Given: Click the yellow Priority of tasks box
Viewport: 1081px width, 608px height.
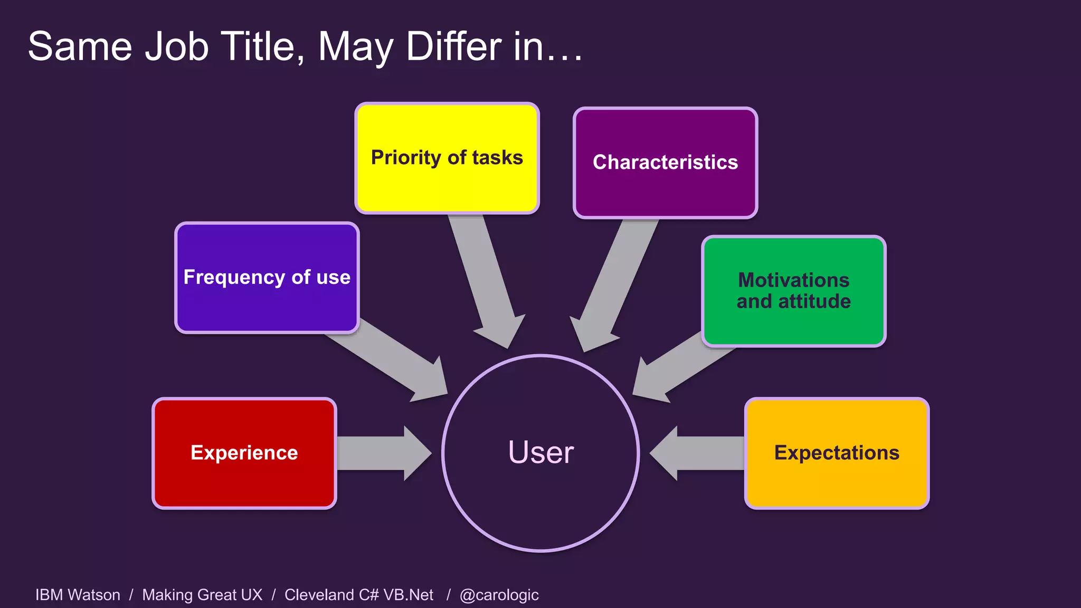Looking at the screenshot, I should [447, 158].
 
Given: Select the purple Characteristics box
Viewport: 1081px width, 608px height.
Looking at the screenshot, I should [665, 163].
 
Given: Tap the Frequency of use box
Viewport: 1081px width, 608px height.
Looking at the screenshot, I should [267, 278].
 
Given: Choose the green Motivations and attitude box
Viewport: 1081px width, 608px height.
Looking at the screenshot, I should [793, 291].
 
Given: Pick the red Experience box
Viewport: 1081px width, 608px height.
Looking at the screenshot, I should [244, 453].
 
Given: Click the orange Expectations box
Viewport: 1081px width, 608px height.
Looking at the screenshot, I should [837, 453].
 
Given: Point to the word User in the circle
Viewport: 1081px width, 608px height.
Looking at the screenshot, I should [540, 452].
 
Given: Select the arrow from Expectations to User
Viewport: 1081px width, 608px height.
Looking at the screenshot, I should [697, 453].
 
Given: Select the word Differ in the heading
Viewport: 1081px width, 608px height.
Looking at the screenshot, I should [453, 46].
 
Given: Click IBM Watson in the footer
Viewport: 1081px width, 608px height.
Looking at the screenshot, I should [78, 595].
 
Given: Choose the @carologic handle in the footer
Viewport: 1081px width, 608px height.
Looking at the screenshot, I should [499, 595].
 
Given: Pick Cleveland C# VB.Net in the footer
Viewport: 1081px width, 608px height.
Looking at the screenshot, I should [358, 595].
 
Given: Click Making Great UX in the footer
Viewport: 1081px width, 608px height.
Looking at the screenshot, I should [202, 595].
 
